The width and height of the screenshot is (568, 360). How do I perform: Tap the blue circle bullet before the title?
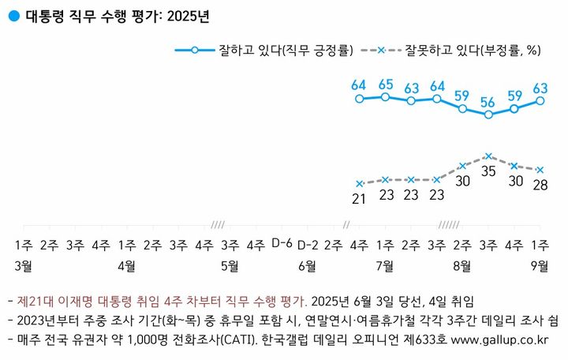13,16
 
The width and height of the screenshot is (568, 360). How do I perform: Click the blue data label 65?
386,84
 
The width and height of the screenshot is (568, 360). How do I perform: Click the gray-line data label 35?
488,171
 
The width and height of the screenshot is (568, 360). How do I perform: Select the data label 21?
360,198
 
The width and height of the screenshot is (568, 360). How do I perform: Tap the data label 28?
540,185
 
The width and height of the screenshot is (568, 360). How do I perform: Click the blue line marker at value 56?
488,114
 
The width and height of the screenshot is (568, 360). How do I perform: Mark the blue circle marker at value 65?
385,97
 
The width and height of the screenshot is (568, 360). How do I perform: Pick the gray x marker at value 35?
488,156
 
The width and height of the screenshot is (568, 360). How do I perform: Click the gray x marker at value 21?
360,183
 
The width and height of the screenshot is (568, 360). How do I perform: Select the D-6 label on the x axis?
282,242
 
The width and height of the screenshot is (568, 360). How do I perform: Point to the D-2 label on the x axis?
308,242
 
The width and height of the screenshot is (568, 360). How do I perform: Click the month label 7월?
386,265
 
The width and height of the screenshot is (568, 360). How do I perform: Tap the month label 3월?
23,265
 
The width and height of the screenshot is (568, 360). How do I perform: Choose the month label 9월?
540,265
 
